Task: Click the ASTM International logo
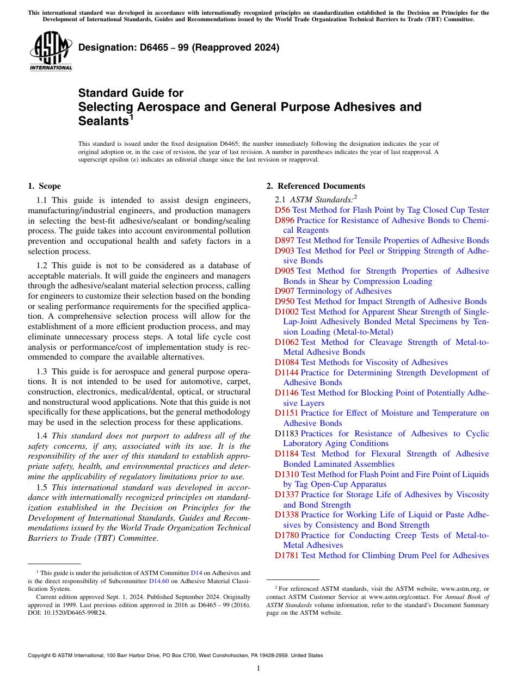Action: point(51,51)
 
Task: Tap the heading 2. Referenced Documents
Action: point(316,186)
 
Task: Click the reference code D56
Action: point(282,210)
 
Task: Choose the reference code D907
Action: point(285,291)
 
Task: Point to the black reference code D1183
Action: point(287,434)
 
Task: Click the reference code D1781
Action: point(287,555)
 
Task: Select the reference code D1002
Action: point(287,312)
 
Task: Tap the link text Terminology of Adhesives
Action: point(344,291)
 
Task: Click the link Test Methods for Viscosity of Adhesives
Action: point(374,362)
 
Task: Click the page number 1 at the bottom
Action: point(258,668)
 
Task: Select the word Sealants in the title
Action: point(102,121)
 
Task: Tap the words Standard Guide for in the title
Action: point(131,93)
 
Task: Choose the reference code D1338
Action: point(287,515)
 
